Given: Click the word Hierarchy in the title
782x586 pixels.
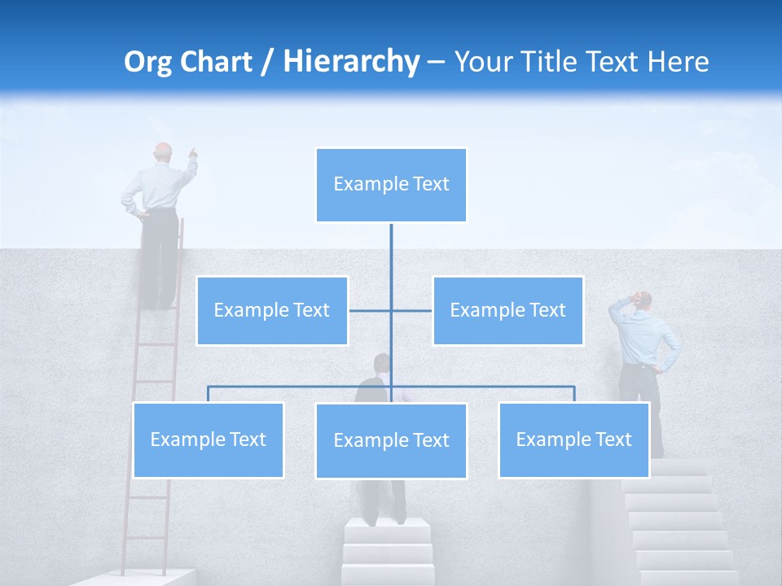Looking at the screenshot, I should pos(350,61).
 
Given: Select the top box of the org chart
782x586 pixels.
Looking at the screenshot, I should pos(391,185).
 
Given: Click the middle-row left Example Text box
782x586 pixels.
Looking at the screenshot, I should pos(272,310).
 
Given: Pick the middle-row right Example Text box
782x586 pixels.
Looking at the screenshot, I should pos(507,310).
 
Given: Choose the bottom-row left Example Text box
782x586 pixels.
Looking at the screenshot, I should pos(208,439).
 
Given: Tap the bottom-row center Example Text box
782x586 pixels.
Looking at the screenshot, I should pos(391,440).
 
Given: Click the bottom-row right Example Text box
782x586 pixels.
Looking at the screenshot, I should pos(573,439).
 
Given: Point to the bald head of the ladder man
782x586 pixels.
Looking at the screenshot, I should pos(164,152).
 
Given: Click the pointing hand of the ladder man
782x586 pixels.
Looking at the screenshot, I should pos(193,151).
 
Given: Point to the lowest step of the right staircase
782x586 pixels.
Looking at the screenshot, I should pos(688,577).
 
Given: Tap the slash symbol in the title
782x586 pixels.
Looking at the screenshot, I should pos(267,62).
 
